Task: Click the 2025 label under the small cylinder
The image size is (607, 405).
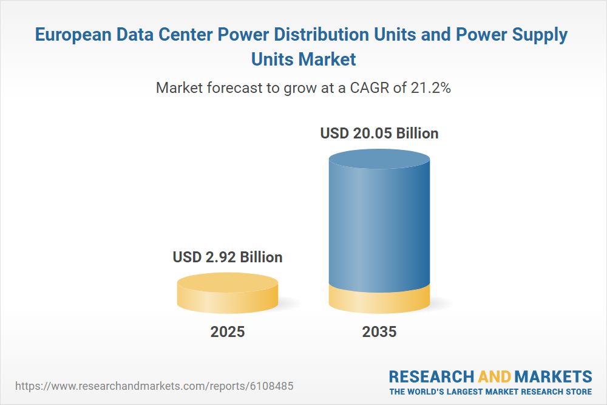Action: point(228,332)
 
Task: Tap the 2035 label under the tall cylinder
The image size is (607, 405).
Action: point(379,332)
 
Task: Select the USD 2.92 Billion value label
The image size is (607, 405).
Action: point(228,257)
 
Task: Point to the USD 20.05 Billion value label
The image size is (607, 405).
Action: point(379,133)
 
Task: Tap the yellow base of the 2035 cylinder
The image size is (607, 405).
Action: point(379,299)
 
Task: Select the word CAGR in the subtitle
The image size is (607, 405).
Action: point(370,87)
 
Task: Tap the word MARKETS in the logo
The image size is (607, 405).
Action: point(554,375)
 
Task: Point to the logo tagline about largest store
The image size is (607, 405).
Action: point(490,391)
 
